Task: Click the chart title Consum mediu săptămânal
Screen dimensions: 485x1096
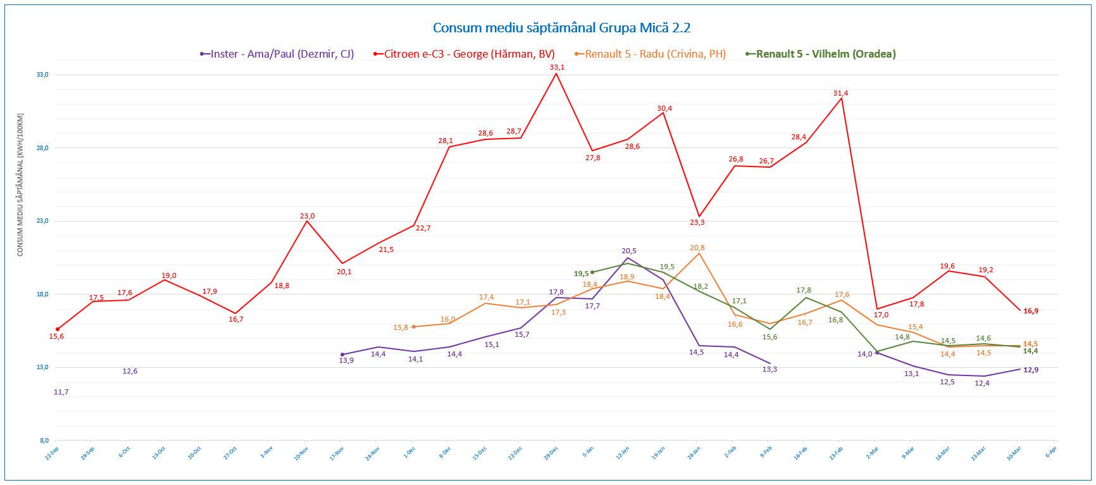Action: click(561, 28)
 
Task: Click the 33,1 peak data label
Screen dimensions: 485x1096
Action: click(557, 67)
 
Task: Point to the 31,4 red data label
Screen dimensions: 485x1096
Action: click(840, 93)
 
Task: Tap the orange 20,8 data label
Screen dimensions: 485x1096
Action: click(697, 248)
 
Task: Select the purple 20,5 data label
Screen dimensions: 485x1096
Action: click(629, 251)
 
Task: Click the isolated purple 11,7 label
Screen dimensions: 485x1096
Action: click(61, 392)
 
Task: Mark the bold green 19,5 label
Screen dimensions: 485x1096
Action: click(582, 274)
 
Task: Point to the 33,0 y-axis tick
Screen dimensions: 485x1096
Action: click(42, 75)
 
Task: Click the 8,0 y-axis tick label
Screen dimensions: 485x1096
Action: click(43, 440)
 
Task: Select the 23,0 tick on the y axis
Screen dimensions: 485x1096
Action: click(42, 221)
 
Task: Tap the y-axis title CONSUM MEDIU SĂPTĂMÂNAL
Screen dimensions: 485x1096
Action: click(20, 185)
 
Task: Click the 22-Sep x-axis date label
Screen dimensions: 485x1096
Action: click(52, 453)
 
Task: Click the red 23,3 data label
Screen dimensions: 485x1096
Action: click(697, 222)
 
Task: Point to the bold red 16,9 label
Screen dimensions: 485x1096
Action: click(1031, 311)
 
